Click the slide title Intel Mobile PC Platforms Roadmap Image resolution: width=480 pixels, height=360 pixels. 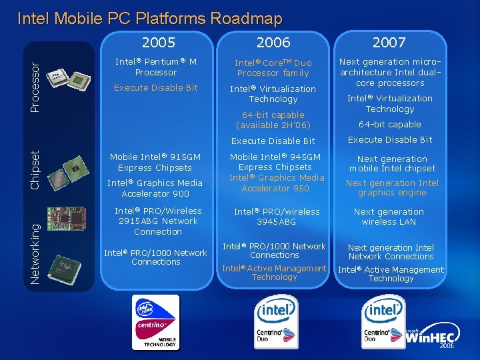coord(149,19)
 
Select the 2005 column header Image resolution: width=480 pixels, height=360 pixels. coord(159,43)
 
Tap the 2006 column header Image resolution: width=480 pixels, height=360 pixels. coord(273,43)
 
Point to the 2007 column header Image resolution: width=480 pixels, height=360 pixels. coord(389,43)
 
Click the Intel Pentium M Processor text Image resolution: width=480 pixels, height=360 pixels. coord(156,67)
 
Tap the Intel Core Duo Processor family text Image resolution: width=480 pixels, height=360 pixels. coord(273,68)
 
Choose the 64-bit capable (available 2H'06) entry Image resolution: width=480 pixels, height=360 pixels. coord(273,120)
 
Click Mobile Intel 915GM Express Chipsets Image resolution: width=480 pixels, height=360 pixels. coord(155,163)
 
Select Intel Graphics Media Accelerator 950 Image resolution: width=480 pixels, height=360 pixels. coord(274,183)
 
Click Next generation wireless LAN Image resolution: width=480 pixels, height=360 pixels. coord(389,217)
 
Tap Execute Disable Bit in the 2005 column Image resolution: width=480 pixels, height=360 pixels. coord(156,87)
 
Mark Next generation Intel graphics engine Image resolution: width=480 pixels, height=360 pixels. coord(392,187)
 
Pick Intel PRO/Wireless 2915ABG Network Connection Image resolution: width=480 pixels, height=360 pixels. coord(157,221)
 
